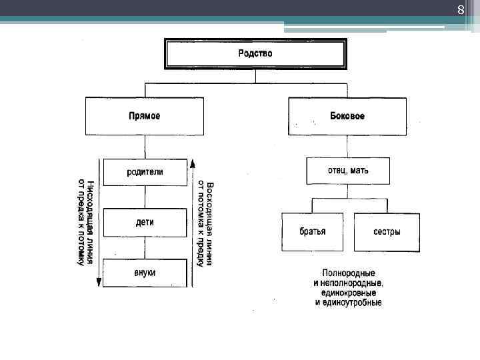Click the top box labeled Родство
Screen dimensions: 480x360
click(255, 53)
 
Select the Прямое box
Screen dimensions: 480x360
click(145, 116)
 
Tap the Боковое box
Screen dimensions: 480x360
click(347, 116)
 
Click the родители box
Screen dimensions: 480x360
click(145, 172)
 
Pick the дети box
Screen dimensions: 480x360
click(145, 223)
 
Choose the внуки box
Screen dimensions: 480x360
click(145, 273)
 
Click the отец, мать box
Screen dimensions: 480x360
click(347, 171)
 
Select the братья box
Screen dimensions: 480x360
click(312, 232)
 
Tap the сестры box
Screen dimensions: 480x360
click(387, 232)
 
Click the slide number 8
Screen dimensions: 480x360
click(460, 10)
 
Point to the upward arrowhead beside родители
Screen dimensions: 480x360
click(192, 163)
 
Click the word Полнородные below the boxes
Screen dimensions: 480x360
click(348, 273)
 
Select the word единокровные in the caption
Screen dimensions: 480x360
click(348, 293)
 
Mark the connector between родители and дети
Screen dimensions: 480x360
click(145, 197)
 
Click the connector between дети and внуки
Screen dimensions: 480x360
click(145, 247)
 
